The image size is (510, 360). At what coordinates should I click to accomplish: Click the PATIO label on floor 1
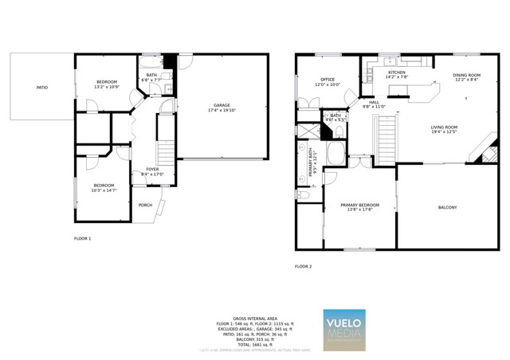pos(41,88)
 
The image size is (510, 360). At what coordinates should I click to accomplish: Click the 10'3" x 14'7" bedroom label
pos(104,188)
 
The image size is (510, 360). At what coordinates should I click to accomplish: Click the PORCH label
pos(145,205)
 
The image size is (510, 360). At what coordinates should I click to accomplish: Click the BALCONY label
pos(447,208)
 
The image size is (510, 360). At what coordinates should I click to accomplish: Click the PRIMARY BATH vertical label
pos(312,162)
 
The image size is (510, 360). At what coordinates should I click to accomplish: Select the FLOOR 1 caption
pos(83,239)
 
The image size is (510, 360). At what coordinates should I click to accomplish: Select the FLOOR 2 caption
pos(304,266)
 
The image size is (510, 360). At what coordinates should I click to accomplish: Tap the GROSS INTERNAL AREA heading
pos(255,317)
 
